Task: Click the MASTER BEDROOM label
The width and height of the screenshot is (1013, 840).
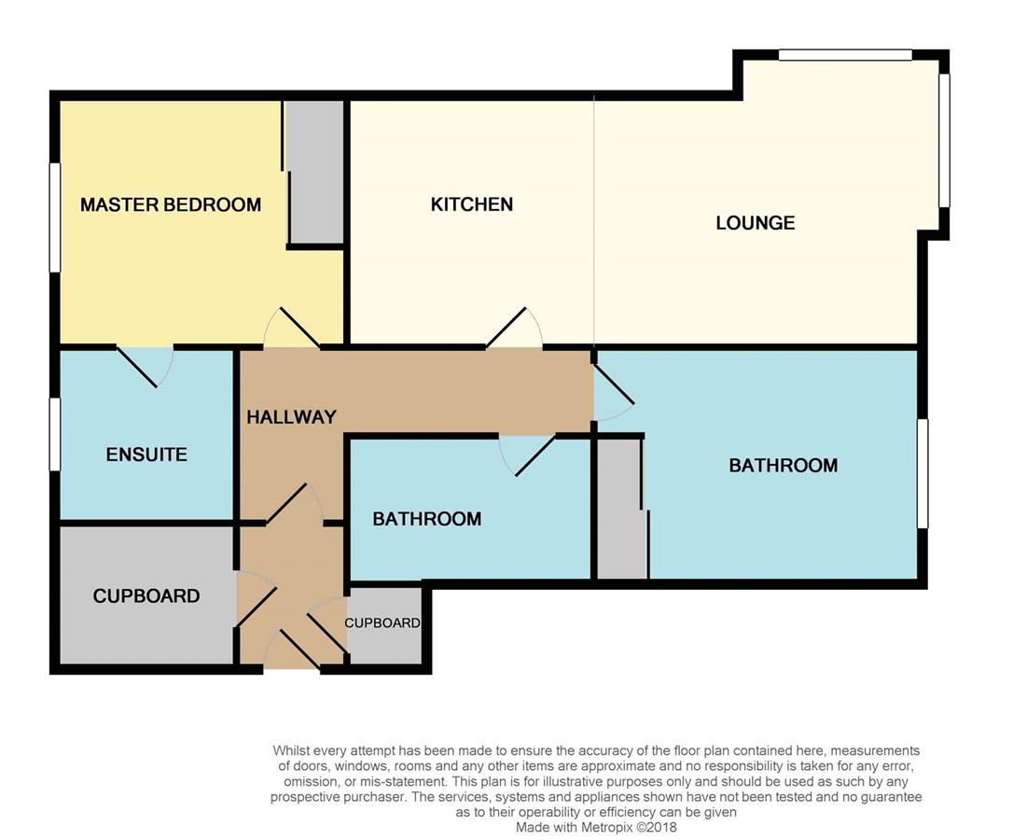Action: (171, 205)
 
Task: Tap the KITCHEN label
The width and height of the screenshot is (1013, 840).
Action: (472, 204)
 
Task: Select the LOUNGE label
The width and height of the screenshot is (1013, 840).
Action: (756, 223)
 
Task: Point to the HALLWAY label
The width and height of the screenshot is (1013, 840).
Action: (291, 417)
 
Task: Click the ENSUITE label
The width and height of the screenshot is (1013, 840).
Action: (146, 455)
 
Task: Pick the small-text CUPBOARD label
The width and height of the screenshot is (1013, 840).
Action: (382, 623)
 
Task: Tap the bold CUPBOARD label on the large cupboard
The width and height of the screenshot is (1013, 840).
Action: (146, 596)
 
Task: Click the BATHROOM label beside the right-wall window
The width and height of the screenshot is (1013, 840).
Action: (783, 466)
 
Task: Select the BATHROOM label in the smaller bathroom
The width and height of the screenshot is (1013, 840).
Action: (427, 519)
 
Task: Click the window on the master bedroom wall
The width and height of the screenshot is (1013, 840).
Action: (55, 217)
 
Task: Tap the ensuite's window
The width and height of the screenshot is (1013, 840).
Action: (55, 434)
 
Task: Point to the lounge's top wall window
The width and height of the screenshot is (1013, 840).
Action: (845, 55)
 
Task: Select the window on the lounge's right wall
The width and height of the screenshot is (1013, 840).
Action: (944, 140)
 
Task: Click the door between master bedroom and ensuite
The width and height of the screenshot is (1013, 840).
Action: (145, 368)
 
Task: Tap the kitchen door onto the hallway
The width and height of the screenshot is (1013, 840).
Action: (514, 328)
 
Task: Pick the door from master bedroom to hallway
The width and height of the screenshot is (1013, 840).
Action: (291, 328)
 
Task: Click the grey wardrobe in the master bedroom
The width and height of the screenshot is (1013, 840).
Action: (314, 172)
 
